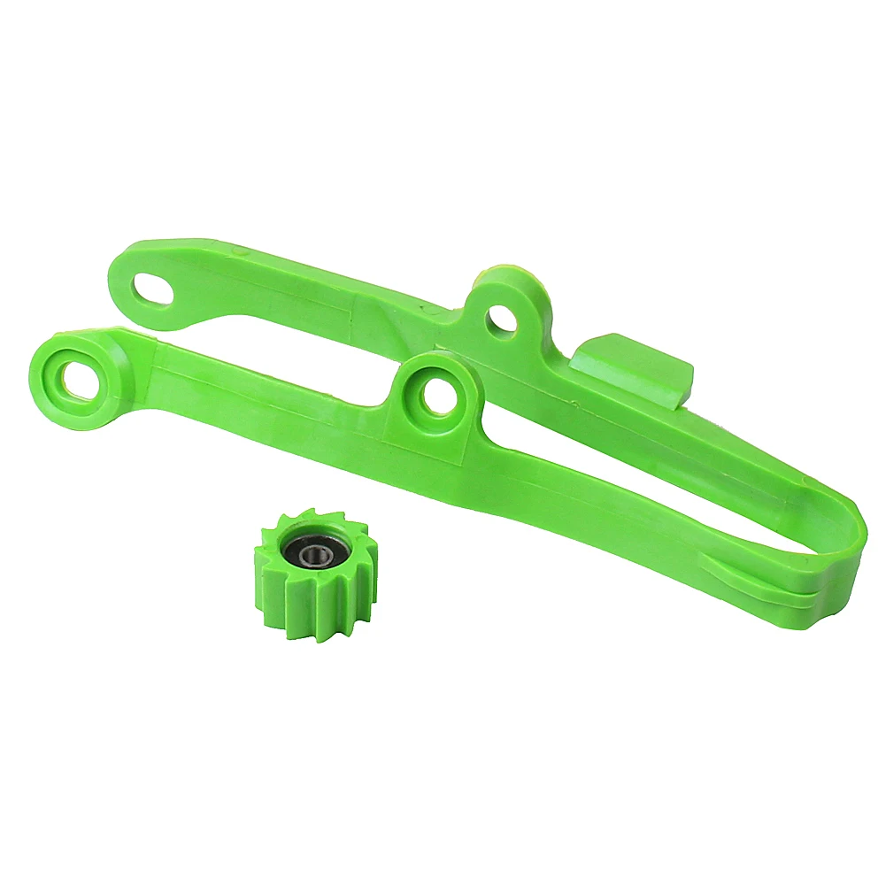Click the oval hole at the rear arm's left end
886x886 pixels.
[x=153, y=289]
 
